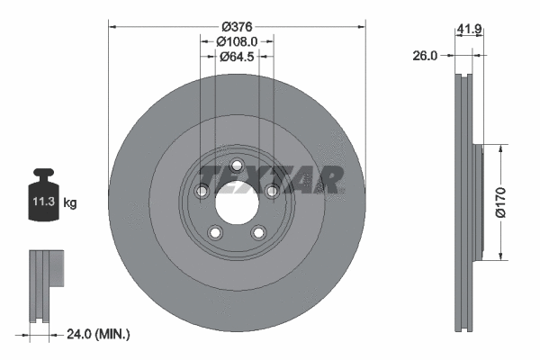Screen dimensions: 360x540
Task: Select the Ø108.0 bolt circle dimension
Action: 238,40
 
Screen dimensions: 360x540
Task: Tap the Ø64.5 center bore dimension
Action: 238,56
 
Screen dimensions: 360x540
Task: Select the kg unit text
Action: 69,203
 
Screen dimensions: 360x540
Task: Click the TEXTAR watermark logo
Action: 271,179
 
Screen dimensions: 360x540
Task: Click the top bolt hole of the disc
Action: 237,166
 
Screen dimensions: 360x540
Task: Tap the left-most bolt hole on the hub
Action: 202,191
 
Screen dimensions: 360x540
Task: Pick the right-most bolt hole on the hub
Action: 272,190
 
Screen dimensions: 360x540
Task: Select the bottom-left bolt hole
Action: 215,232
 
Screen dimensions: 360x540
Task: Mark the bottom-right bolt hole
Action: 258,232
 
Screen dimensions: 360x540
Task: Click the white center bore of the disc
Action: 237,202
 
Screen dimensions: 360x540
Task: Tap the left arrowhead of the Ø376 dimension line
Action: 112,26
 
